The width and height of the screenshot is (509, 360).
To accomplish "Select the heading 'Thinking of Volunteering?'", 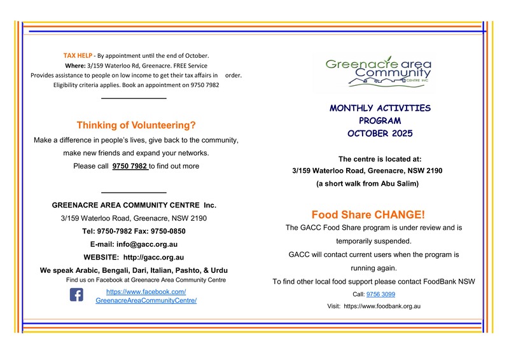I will click(x=136, y=125).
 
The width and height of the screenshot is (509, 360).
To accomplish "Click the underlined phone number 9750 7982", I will click(x=130, y=166).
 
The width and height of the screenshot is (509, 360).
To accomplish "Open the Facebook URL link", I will click(x=146, y=296).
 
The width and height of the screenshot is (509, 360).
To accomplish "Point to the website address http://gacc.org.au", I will click(x=153, y=258).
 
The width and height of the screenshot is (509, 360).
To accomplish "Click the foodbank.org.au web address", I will click(x=382, y=306).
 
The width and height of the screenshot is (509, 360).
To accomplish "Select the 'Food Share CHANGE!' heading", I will click(x=368, y=214).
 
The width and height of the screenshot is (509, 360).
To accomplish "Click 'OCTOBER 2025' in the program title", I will click(x=380, y=134).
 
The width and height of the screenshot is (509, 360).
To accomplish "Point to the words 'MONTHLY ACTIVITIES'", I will click(x=380, y=108).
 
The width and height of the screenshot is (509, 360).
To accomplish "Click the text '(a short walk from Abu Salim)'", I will click(x=368, y=184).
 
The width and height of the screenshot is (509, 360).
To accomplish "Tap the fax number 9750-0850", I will click(x=169, y=231).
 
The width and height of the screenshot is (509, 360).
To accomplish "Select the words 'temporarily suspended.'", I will click(x=373, y=241).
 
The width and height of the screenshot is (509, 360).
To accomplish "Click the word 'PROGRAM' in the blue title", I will click(x=380, y=121).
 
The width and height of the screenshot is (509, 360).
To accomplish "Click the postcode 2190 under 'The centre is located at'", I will click(x=431, y=171).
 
